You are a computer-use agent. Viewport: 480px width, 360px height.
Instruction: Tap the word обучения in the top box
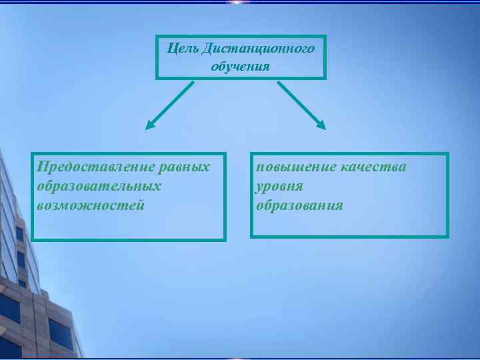click(241, 66)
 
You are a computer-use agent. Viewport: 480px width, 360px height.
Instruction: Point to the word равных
click(187, 166)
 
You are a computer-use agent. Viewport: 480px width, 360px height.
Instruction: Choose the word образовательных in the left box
click(99, 185)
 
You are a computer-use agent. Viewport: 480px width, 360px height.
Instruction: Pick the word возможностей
click(91, 205)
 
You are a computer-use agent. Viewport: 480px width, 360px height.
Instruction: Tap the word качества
click(373, 167)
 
